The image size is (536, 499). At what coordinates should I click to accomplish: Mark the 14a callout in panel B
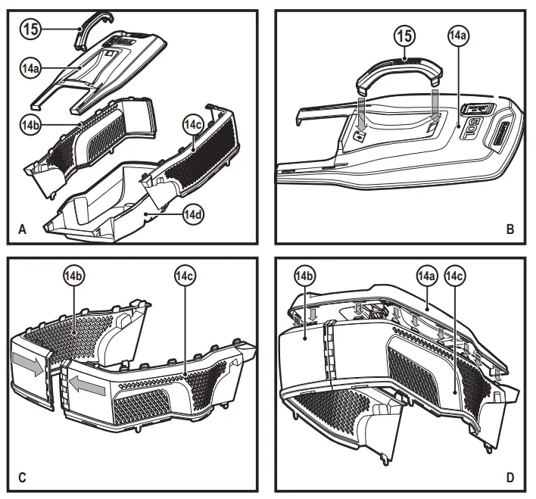457,36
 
